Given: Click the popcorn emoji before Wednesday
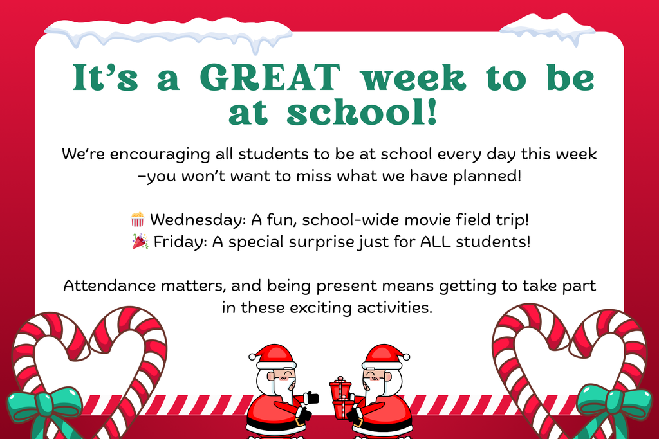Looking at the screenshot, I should coord(138,220).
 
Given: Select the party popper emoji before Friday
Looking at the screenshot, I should coord(140,242).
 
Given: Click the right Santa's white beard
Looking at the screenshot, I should coord(375,388).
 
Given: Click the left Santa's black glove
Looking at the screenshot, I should coord(312,398).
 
